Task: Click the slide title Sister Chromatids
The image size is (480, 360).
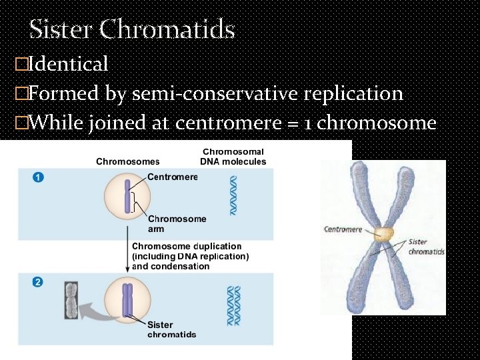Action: point(132,29)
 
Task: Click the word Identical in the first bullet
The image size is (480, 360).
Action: point(69,64)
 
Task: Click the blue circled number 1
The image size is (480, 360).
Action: point(38,177)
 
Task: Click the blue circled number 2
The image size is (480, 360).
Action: point(38,282)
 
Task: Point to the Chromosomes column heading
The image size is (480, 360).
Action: point(128,161)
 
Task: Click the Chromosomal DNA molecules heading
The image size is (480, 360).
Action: point(233,157)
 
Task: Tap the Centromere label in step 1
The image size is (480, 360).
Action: point(173,177)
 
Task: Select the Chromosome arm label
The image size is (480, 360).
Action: point(177,223)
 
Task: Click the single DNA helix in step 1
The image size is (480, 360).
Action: point(233,195)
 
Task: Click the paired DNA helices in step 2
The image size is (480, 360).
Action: point(233,305)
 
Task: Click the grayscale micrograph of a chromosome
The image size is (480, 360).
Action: point(71,301)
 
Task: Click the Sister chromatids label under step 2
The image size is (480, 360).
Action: point(171,329)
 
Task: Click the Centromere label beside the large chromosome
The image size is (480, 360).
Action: point(343,230)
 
